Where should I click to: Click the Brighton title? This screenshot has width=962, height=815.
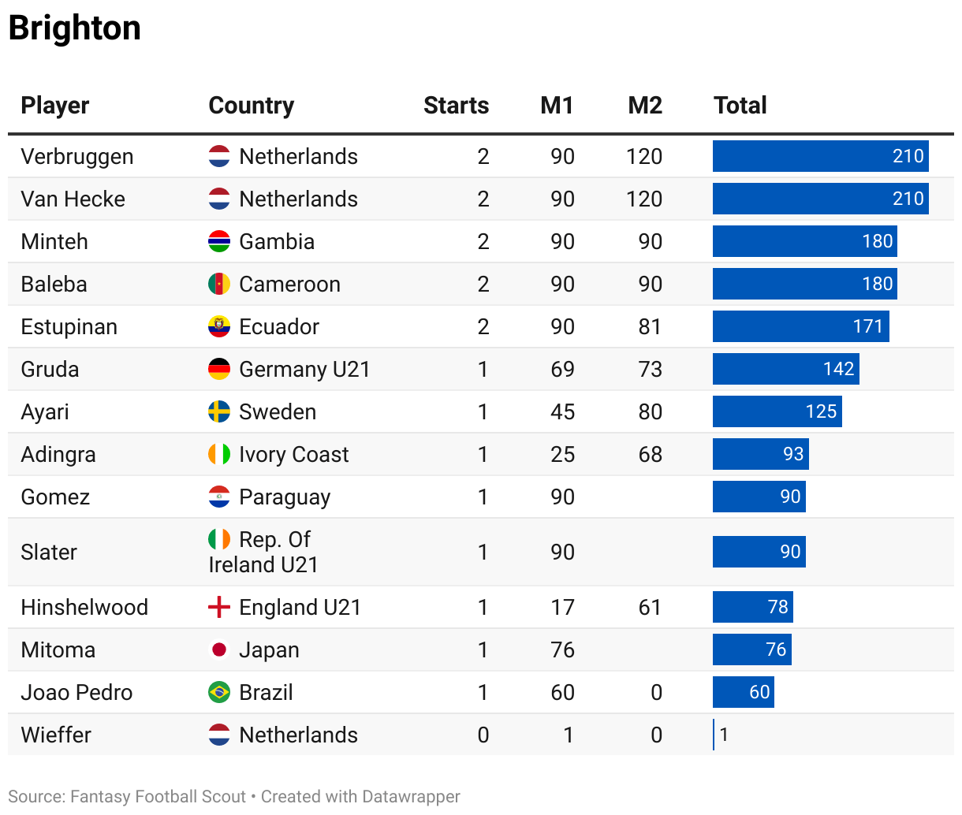pyautogui.click(x=75, y=28)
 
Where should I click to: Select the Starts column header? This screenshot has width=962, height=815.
pyautogui.click(x=456, y=106)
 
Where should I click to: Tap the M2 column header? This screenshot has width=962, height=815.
pyautogui.click(x=644, y=106)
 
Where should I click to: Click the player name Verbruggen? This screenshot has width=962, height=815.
pyautogui.click(x=77, y=157)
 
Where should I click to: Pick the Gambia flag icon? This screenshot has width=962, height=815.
pyautogui.click(x=219, y=242)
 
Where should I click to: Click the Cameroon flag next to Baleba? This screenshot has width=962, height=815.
pyautogui.click(x=219, y=285)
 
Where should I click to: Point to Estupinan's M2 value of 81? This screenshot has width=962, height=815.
pyautogui.click(x=650, y=327)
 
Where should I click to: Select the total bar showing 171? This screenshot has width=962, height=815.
pyautogui.click(x=800, y=327)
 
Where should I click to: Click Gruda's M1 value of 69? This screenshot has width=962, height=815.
pyautogui.click(x=562, y=370)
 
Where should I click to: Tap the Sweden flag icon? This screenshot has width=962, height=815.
pyautogui.click(x=219, y=412)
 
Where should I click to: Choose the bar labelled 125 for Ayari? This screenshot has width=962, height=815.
pyautogui.click(x=777, y=412)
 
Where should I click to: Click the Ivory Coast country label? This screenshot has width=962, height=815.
pyautogui.click(x=293, y=455)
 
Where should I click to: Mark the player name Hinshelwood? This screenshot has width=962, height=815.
pyautogui.click(x=84, y=608)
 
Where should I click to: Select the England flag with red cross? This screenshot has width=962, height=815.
pyautogui.click(x=219, y=608)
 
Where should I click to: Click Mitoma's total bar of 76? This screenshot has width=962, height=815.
pyautogui.click(x=751, y=650)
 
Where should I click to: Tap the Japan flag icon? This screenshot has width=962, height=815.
pyautogui.click(x=219, y=650)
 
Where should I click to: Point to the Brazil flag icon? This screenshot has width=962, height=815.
pyautogui.click(x=219, y=693)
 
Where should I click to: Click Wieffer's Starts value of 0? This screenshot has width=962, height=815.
pyautogui.click(x=483, y=735)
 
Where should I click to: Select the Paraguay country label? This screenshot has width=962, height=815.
pyautogui.click(x=285, y=497)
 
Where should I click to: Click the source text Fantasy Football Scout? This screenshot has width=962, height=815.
pyautogui.click(x=158, y=797)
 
